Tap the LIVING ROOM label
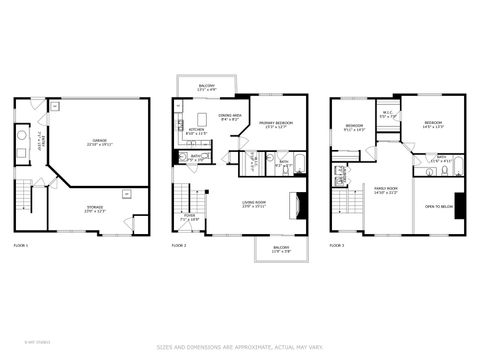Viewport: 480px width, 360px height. pyautogui.click(x=254, y=204)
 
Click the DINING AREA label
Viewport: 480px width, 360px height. pyautogui.click(x=229, y=117)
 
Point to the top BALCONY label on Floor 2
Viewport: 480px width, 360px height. pyautogui.click(x=206, y=87)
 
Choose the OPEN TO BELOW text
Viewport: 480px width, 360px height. pyautogui.click(x=440, y=207)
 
